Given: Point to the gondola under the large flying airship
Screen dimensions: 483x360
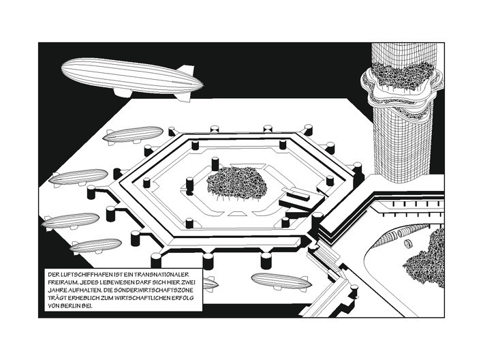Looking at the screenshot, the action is coord(122,93).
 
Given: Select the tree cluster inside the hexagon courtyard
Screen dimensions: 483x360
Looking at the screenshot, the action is coord(237,183).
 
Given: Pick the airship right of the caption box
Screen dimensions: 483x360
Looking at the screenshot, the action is coord(281,281).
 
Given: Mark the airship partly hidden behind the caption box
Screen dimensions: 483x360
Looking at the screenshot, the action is coord(211,283).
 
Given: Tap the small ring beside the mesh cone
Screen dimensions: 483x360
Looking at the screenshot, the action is coord(409,244).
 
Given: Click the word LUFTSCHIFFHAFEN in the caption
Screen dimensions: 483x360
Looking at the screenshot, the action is coord(87,274).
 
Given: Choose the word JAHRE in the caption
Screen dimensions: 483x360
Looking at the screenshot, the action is coord(57,290).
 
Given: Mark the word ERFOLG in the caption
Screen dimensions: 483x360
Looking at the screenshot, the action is coord(183,299).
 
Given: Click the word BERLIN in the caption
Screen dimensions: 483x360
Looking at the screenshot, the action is coord(71,306).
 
